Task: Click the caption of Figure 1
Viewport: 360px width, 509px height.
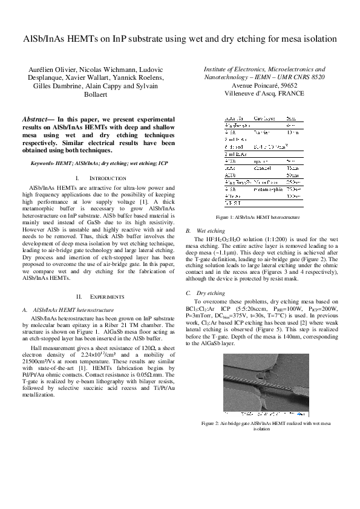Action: click(261, 217)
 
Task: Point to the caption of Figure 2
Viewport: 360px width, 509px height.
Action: click(261, 425)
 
